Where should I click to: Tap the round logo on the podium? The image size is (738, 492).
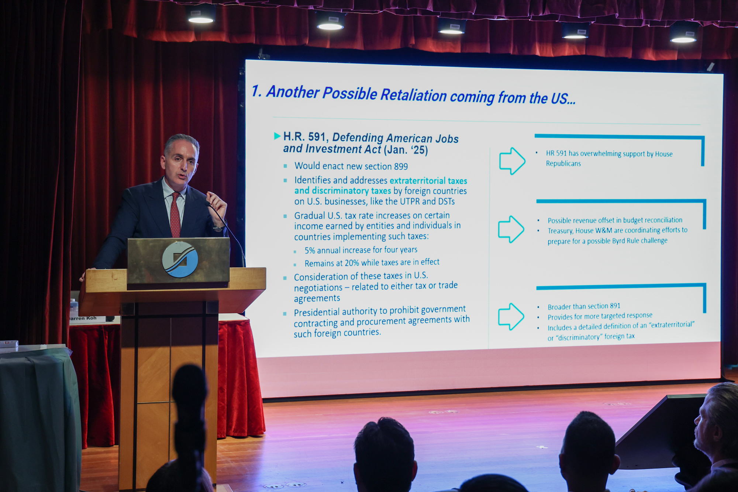coord(180,259)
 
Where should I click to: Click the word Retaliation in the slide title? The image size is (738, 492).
coord(414,95)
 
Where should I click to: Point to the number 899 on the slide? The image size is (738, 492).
coord(401,167)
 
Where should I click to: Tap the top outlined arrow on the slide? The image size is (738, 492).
coord(512,161)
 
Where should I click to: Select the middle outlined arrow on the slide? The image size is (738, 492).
coord(511,229)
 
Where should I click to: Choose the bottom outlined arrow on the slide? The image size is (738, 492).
coord(511,316)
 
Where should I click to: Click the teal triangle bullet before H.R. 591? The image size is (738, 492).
coord(277,136)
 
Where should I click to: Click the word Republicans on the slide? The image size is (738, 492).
coord(563,163)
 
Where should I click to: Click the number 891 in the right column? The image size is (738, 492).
coord(615,306)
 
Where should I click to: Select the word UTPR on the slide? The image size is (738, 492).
coord(409,201)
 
